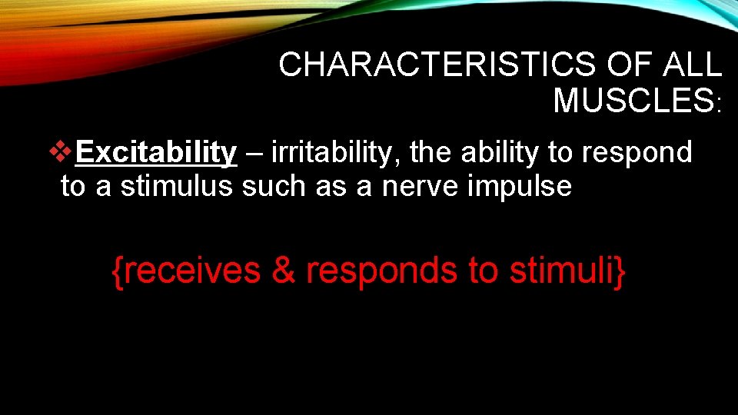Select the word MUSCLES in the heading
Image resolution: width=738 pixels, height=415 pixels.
(x=633, y=101)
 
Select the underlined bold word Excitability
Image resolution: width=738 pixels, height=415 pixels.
(x=157, y=153)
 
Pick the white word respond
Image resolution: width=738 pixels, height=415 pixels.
(x=637, y=154)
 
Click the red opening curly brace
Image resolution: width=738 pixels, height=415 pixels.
(x=118, y=272)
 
